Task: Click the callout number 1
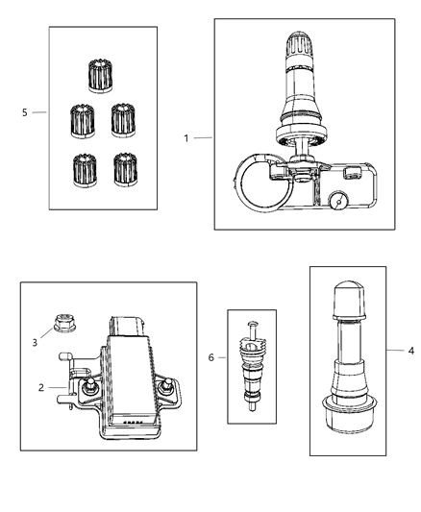click(186, 138)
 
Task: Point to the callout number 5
click(24, 112)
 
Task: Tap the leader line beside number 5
click(38, 112)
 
